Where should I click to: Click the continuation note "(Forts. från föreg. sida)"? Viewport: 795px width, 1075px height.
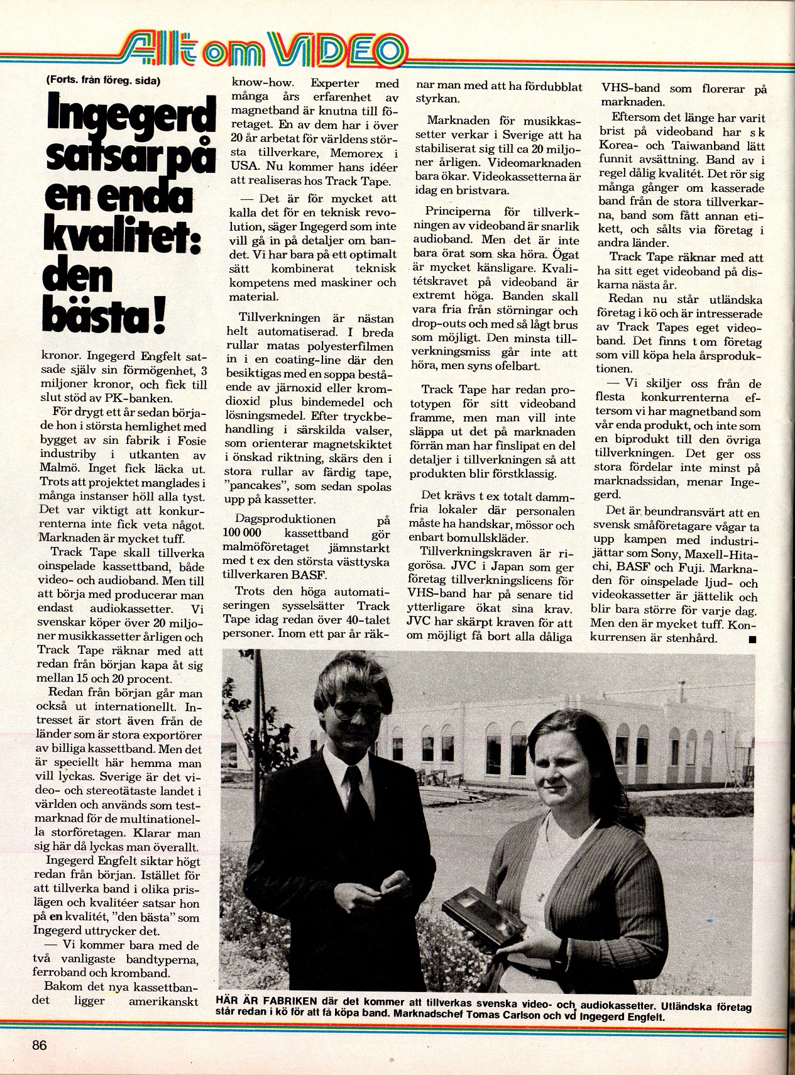(x=102, y=80)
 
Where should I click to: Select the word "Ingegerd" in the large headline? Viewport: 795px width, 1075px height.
(x=131, y=117)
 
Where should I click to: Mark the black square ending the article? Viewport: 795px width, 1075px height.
(x=753, y=639)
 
